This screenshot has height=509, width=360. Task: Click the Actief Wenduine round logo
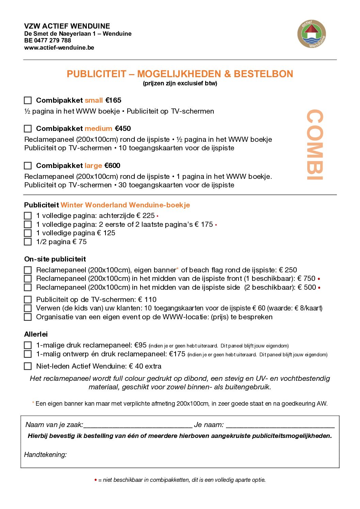point(312,34)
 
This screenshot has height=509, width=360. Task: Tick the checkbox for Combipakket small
point(28,100)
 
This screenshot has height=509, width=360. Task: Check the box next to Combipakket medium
point(28,129)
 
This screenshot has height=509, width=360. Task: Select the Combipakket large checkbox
point(28,166)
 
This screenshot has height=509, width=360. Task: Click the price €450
point(123,129)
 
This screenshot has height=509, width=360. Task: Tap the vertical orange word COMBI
point(314,145)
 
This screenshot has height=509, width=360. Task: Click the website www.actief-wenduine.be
point(59,48)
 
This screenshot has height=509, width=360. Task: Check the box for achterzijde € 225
point(28,216)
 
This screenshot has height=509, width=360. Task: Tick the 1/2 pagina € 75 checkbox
point(28,242)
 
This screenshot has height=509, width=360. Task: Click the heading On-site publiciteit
point(55,259)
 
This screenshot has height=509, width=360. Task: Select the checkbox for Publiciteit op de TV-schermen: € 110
point(28,300)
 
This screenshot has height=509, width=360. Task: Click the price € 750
point(306,278)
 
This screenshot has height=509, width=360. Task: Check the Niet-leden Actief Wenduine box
point(28,366)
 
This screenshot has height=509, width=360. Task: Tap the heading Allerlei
point(36,334)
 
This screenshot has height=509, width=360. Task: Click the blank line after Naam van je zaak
point(138,426)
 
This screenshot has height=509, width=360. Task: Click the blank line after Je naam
point(280,426)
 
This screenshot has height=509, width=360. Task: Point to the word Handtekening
point(45,455)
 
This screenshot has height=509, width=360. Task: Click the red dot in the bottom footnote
point(96,480)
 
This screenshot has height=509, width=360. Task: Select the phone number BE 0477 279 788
point(48,40)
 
